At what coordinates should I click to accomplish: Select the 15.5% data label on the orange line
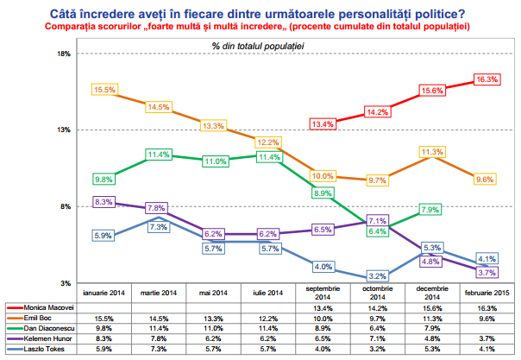pyautogui.click(x=104, y=90)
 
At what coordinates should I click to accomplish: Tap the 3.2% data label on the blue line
pyautogui.click(x=378, y=276)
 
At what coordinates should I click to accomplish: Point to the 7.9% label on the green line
pyautogui.click(x=430, y=210)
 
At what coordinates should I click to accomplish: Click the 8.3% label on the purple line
pyautogui.click(x=104, y=202)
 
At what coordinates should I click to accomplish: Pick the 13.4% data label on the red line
pyautogui.click(x=323, y=124)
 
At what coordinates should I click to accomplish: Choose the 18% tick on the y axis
pyautogui.click(x=63, y=54)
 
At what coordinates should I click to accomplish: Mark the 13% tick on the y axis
pyautogui.click(x=63, y=130)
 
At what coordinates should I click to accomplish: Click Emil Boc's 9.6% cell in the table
pyautogui.click(x=485, y=318)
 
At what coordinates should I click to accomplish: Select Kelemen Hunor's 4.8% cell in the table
pyautogui.click(x=430, y=339)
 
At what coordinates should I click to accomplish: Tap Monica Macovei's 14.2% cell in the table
pyautogui.click(x=376, y=307)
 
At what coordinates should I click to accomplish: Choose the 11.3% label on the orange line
pyautogui.click(x=430, y=152)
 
